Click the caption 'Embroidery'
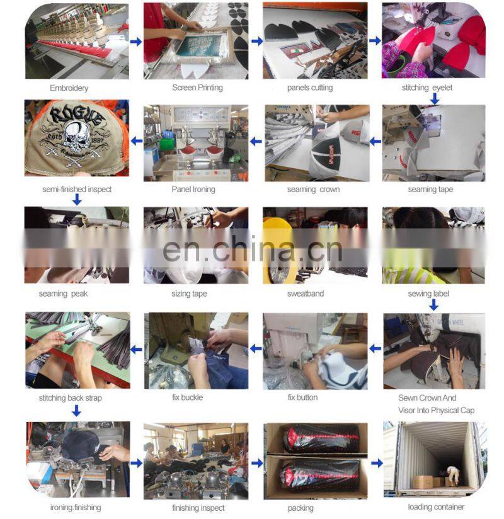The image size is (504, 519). [69, 88]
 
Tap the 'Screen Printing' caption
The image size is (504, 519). [197, 88]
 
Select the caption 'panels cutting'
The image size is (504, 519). [310, 88]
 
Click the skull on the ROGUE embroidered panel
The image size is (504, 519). [76, 135]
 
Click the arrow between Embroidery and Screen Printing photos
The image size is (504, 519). [136, 42]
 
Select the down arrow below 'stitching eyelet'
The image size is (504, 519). [435, 98]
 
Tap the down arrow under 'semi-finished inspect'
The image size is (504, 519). [77, 200]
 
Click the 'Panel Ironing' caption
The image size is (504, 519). [193, 190]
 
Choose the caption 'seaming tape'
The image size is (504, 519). [430, 190]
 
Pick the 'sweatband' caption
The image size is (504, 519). [306, 294]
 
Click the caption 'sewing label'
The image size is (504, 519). [428, 294]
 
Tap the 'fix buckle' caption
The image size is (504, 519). [188, 397]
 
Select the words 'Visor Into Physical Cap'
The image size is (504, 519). [436, 411]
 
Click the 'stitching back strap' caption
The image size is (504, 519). [70, 398]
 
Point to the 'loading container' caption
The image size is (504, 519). [436, 507]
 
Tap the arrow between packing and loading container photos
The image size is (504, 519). [377, 463]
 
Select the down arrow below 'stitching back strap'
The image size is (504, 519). [76, 411]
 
